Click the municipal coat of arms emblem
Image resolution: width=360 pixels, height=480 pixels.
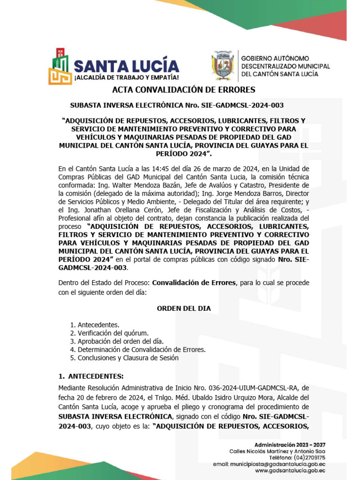pos(223,66)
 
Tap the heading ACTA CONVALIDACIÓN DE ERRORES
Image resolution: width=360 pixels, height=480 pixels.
pos(183,90)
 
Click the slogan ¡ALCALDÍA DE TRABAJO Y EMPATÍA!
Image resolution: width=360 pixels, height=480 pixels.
pos(126,77)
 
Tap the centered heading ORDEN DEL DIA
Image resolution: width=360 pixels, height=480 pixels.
pos(183,308)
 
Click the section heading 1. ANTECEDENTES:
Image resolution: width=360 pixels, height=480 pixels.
pos(91,376)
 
